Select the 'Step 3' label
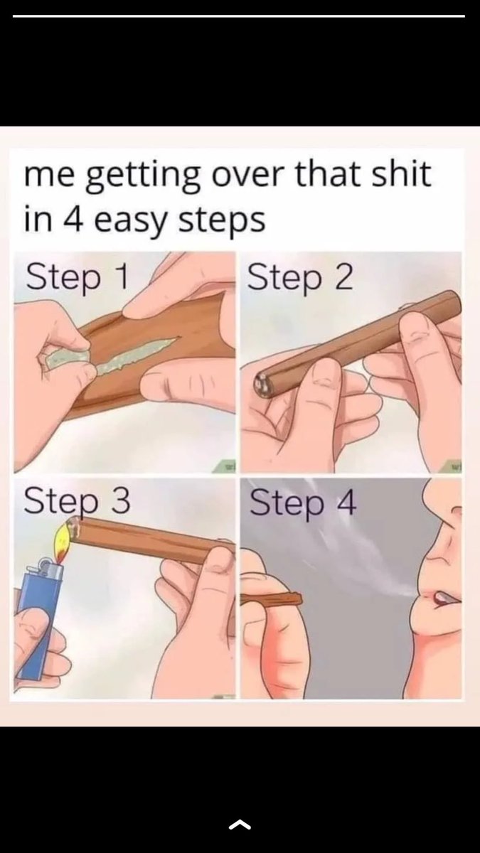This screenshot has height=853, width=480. coord(77,501)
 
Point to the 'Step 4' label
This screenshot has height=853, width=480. coord(303,503)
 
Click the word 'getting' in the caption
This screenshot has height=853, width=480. coord(143,177)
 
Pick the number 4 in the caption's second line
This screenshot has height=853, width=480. coord(73,218)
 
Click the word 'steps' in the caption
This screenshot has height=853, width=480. coord(222,221)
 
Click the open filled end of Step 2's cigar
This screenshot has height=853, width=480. coord(262,385)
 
